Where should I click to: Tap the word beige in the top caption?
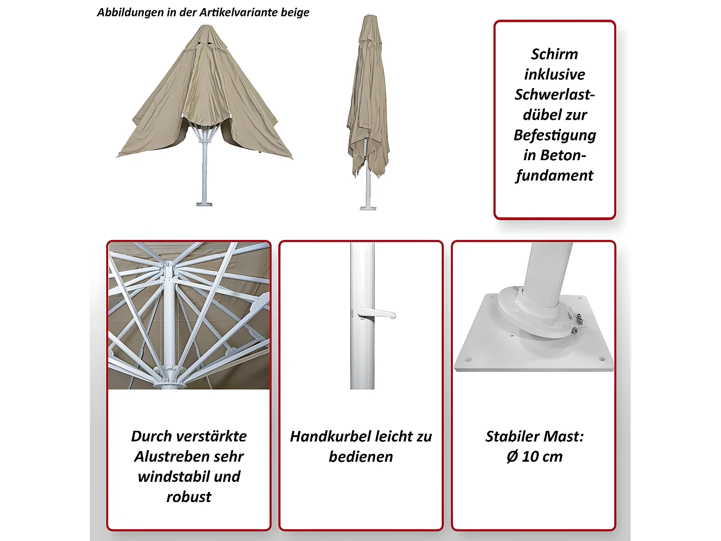295,13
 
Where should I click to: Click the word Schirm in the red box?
554,54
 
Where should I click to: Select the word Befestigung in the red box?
554,135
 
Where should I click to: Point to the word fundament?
554,176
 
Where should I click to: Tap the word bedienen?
360,456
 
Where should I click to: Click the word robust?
188,497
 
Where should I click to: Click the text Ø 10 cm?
534,456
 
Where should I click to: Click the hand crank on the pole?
377,315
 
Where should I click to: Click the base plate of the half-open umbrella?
204,204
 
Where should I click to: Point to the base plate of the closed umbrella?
368,208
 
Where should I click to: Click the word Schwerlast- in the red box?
554,95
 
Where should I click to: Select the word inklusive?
554,75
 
